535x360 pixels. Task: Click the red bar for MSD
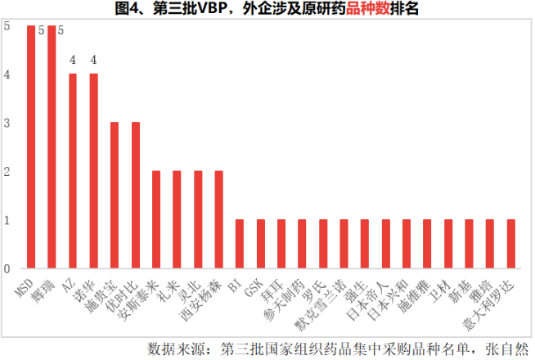pos(31,147)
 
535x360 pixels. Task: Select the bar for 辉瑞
pos(52,147)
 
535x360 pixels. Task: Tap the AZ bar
pos(73,171)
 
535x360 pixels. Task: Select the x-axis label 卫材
pos(443,286)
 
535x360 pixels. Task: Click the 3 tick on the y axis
pos(7,124)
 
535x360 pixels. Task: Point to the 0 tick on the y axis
pos(7,268)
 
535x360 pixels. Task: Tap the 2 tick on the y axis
pos(7,172)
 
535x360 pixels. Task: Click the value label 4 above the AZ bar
pos(73,60)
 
